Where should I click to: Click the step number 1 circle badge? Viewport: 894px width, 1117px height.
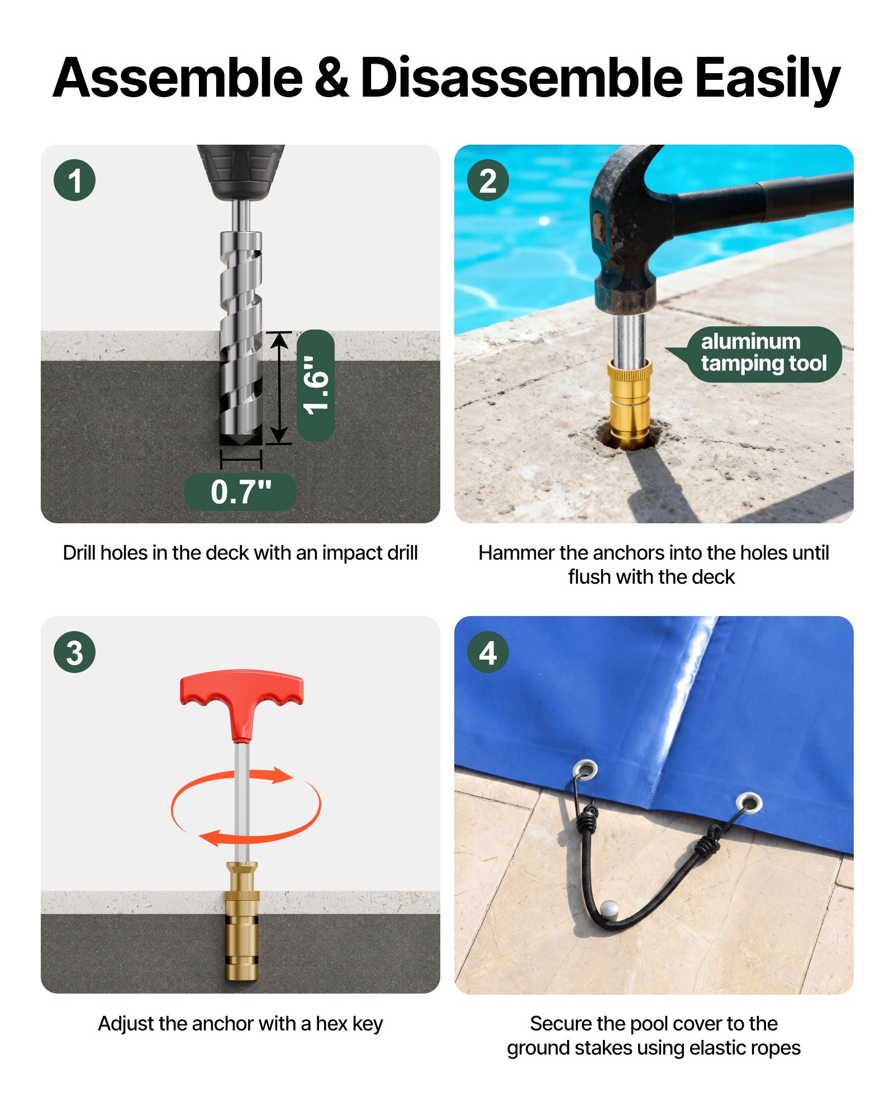pyautogui.click(x=74, y=180)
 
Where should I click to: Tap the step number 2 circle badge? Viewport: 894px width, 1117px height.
pyautogui.click(x=487, y=180)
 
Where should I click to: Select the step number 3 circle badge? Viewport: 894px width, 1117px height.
pyautogui.click(x=74, y=652)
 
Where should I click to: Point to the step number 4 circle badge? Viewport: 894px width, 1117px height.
pyautogui.click(x=487, y=652)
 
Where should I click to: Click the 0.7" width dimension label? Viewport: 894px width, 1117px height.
pyautogui.click(x=240, y=492)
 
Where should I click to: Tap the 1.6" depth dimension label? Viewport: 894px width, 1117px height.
pyautogui.click(x=316, y=385)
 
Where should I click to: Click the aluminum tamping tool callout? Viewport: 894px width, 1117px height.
pyautogui.click(x=763, y=353)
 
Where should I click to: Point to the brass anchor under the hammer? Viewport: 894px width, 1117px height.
pyautogui.click(x=630, y=399)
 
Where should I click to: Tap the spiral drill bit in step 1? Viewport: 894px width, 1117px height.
pyautogui.click(x=241, y=335)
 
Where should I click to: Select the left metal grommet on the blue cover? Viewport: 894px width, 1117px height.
pyautogui.click(x=584, y=770)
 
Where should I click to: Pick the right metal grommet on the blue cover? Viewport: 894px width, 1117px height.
pyautogui.click(x=749, y=803)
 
